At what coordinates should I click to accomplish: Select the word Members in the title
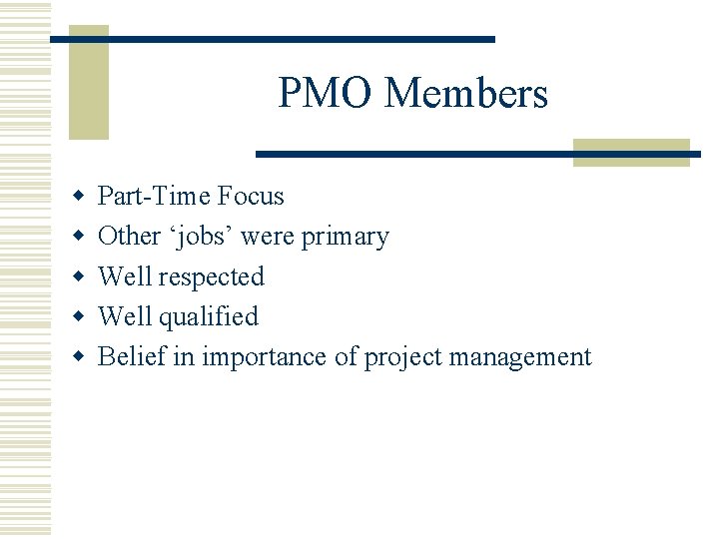tap(465, 94)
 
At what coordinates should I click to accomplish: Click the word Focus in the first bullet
tap(252, 197)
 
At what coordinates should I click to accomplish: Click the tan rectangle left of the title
tap(88, 83)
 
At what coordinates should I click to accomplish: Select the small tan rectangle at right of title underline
tap(631, 152)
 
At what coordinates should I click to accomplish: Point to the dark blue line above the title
tap(272, 39)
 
